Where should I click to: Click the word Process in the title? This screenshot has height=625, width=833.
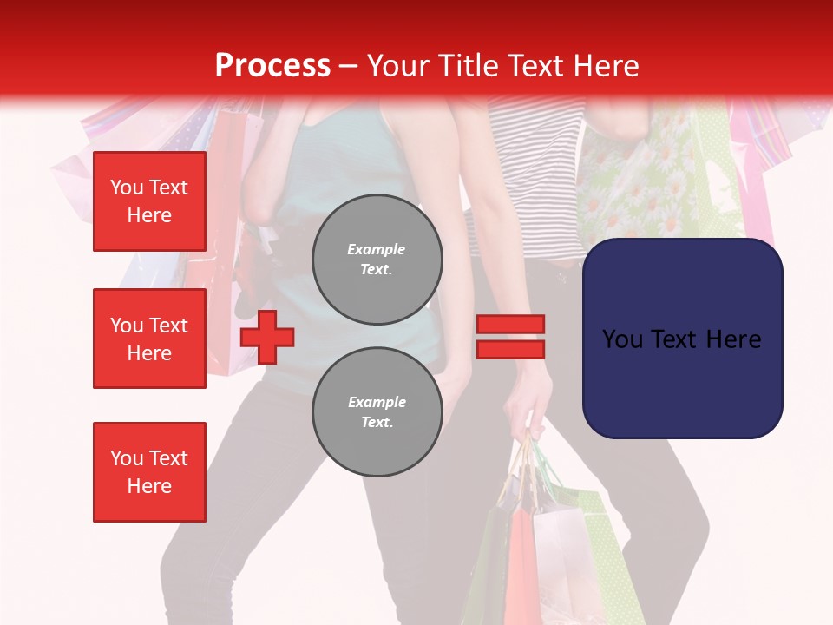pos(272,65)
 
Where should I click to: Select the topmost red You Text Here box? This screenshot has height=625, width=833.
pos(149,201)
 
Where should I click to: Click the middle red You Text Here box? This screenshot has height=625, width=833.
pos(149,339)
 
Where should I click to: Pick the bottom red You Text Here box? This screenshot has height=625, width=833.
pos(149,472)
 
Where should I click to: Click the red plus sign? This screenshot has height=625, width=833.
pos(267,337)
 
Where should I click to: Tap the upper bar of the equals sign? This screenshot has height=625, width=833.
pos(510,325)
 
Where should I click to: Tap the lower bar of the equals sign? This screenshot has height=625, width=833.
pos(510,349)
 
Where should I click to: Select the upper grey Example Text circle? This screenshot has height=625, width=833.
pos(377,259)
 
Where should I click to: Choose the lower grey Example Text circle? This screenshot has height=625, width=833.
pos(377,411)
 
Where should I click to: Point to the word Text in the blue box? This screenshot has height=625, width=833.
pos(682,339)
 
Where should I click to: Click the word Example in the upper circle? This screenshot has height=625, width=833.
pos(377,249)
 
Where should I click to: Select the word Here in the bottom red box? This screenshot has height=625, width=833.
pos(149,486)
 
